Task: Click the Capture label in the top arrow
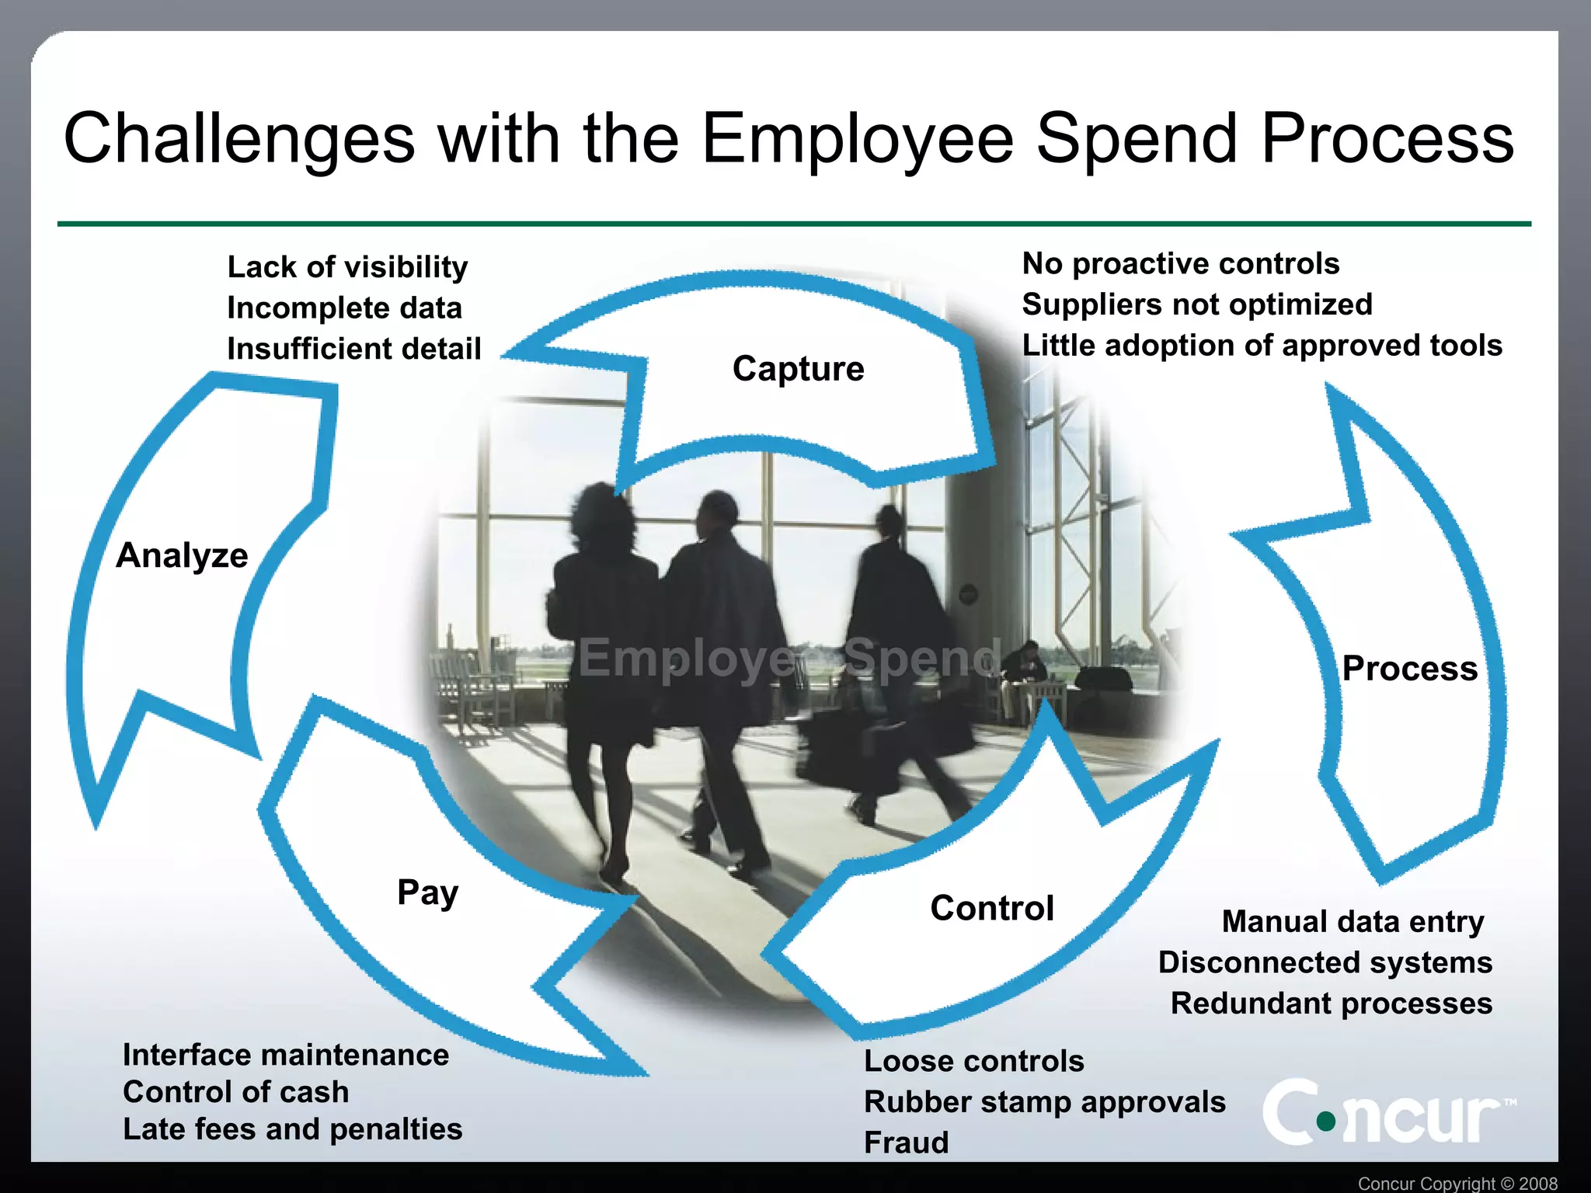pos(798,369)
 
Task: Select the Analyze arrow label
pos(182,556)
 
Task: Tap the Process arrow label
pos(1409,669)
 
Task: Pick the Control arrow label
pos(992,908)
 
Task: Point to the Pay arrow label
pos(427,893)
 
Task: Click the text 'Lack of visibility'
pos(347,267)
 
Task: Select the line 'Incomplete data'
pos(344,308)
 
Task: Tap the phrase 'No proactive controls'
pos(1180,264)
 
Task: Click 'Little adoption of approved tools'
pos(1262,346)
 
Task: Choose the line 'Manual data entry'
pos(1353,922)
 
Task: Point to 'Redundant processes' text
pos(1331,1003)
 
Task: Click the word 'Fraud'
pos(906,1143)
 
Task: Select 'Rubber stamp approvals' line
pos(1044,1102)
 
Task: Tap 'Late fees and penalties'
pos(292,1129)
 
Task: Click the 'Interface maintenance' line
pos(286,1056)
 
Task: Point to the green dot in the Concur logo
pos(1326,1121)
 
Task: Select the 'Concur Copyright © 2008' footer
pos(1457,1183)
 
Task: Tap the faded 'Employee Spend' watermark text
pos(789,658)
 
